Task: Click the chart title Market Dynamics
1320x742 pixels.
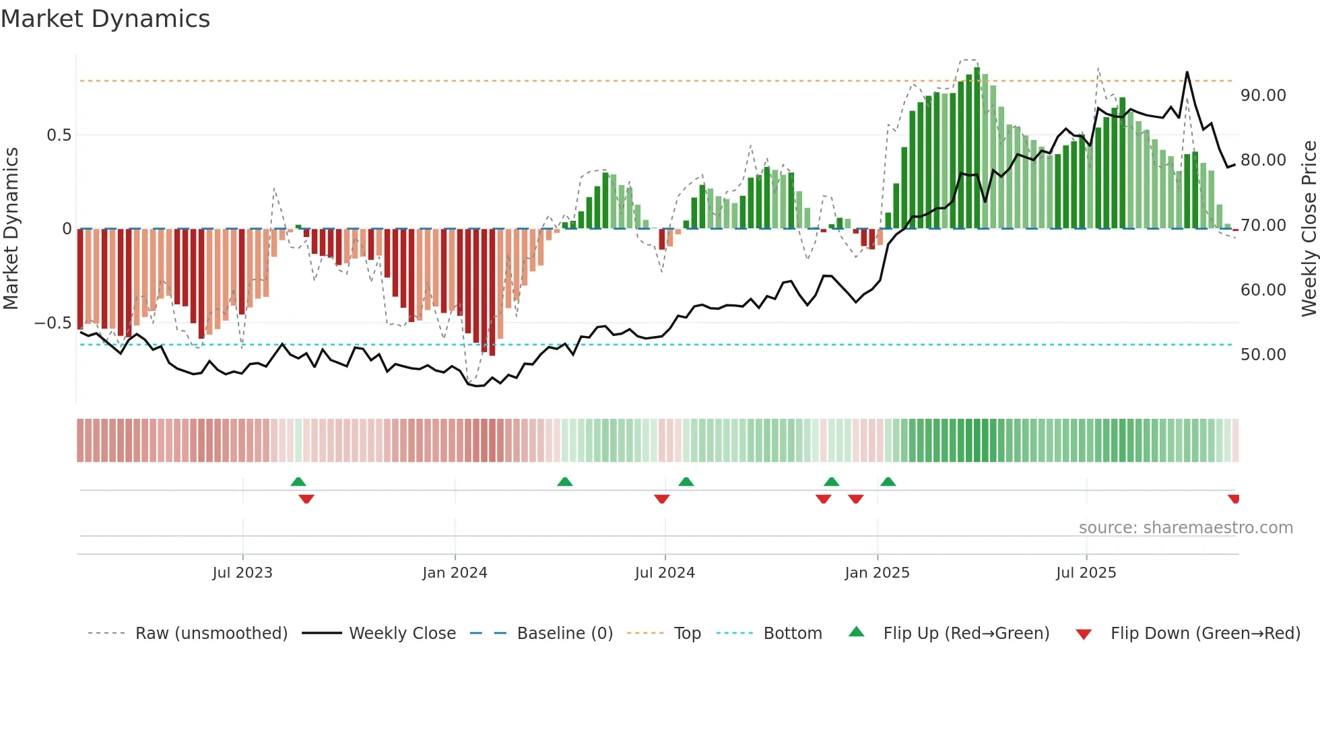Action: click(106, 19)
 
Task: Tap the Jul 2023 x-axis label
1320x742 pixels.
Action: click(242, 573)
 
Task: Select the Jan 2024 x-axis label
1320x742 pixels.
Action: click(455, 573)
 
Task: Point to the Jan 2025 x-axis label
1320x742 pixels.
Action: click(877, 573)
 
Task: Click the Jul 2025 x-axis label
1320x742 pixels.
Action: click(1086, 573)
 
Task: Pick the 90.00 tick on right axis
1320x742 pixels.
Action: click(1263, 96)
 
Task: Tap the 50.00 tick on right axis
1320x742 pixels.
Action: click(1263, 355)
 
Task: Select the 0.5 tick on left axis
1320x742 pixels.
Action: click(59, 135)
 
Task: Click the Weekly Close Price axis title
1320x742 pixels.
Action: click(1309, 229)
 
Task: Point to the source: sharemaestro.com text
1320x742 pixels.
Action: click(1185, 528)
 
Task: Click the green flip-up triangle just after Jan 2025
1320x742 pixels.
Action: click(888, 481)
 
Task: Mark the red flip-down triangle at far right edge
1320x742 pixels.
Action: click(1233, 499)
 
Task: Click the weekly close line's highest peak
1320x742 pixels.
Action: click(1187, 73)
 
